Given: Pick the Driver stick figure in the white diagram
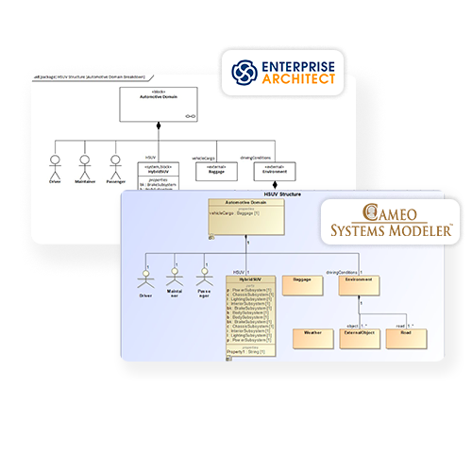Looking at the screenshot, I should (x=54, y=161).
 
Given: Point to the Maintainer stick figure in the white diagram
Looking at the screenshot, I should (x=84, y=161).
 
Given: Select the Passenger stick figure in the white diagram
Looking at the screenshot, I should (x=115, y=161).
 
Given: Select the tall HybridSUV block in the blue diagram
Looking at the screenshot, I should (x=251, y=316).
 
